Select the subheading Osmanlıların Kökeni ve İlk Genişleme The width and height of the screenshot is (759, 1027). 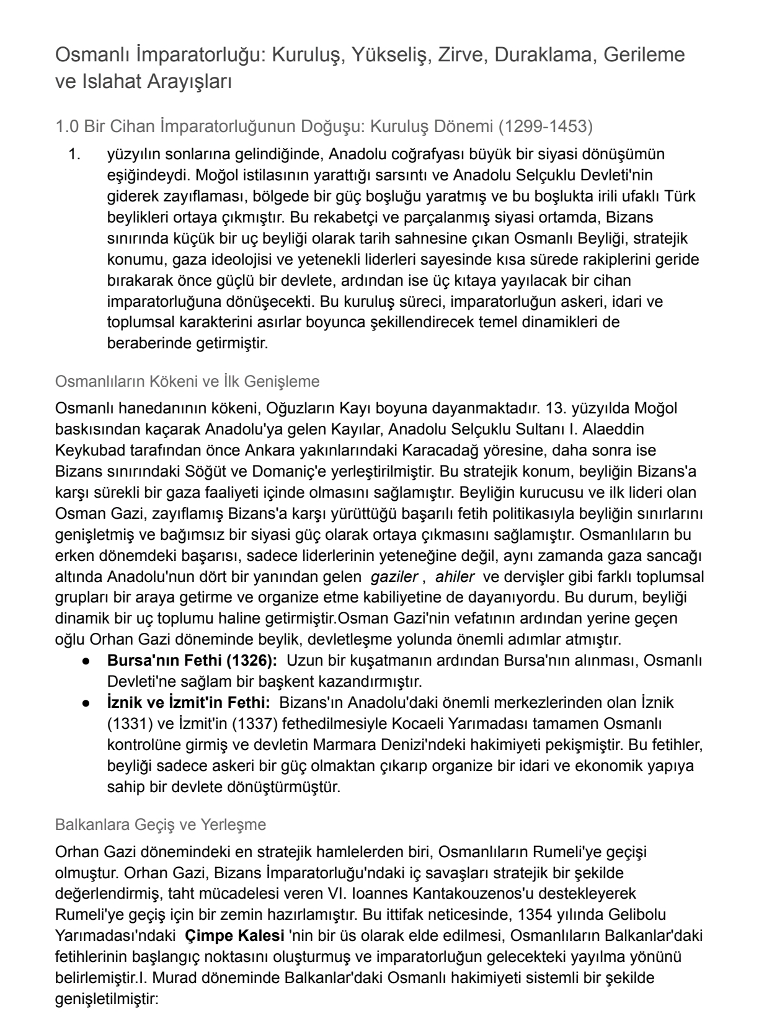[x=187, y=381]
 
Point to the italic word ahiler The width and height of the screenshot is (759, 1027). [x=455, y=576]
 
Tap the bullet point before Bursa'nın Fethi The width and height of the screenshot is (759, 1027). [x=90, y=660]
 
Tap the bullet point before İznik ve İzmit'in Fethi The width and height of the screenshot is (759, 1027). [x=90, y=703]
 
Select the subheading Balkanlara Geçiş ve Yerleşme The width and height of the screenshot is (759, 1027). [x=161, y=825]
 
